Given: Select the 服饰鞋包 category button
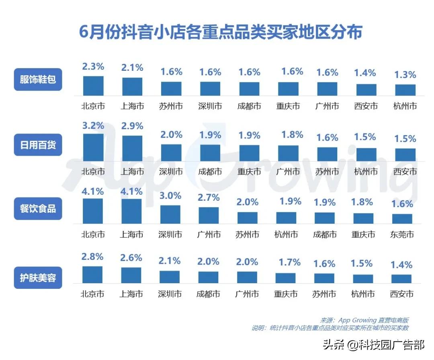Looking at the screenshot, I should pos(38,79).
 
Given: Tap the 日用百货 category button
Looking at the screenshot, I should pos(38,144).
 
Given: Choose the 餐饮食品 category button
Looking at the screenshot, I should pos(38,208).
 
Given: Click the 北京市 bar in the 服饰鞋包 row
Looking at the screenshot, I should pos(93,86).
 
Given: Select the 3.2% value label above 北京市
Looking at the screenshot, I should pos(93,125).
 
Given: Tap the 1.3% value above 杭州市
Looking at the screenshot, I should pos(405,74).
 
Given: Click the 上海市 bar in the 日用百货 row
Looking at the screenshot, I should pos(132,148).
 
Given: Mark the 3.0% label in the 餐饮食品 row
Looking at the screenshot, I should pos(170,196).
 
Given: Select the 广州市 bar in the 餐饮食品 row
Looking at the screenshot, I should pos(209,215).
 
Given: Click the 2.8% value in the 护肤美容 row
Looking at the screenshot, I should pos(92,256).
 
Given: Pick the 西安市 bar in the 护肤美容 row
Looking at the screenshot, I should pos(401,279).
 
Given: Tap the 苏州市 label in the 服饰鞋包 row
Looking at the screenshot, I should pos(171,106).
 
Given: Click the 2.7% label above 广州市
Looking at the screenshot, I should pos(209,197).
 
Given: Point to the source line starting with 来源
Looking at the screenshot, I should pos(364,320).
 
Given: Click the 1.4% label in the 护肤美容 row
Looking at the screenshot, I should pos(401,265).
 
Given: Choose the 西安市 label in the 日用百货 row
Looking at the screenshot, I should pos(405,172).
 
